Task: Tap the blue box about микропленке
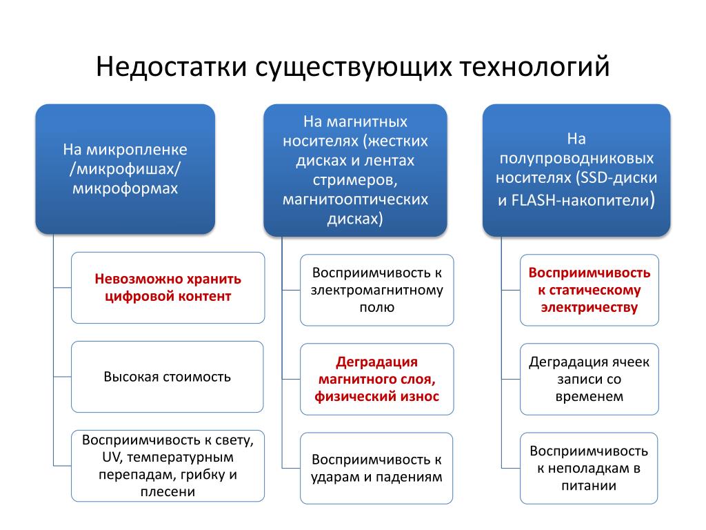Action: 125,169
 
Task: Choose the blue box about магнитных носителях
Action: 355,170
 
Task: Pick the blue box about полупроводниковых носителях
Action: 576,170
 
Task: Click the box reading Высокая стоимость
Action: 168,377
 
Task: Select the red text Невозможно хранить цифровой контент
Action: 168,288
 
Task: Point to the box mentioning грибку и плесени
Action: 168,466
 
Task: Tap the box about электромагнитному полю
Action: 376,290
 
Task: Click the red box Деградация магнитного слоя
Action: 376,379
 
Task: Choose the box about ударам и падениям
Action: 376,468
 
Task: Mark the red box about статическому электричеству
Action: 589,290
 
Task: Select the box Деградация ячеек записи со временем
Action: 589,379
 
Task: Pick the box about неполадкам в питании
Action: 589,468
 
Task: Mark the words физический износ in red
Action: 376,396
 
